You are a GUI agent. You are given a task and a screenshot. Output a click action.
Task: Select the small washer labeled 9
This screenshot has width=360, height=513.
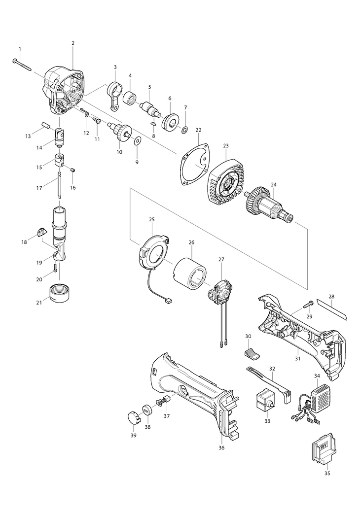tap(137, 142)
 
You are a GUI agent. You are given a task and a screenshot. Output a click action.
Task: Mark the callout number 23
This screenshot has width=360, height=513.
tap(226, 146)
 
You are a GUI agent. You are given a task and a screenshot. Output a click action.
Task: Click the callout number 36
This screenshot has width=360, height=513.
tap(221, 447)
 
